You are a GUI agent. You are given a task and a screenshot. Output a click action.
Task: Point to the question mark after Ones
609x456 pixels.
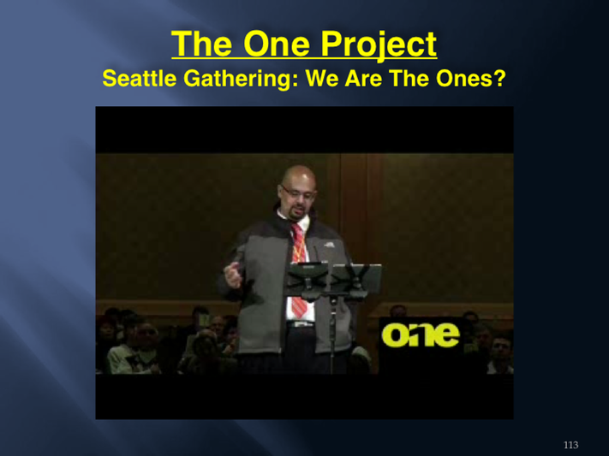(x=500, y=79)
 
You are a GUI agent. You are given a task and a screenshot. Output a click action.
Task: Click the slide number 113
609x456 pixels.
(x=570, y=445)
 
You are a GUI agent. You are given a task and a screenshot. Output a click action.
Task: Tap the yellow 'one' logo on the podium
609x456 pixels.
(x=421, y=335)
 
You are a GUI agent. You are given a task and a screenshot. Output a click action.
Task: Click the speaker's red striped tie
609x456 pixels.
(x=299, y=268)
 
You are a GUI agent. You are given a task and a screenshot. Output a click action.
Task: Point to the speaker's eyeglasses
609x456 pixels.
(x=297, y=192)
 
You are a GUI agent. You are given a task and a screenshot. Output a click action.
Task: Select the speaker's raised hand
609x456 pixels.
(x=234, y=275)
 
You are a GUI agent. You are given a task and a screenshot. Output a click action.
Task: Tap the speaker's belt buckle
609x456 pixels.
(x=299, y=324)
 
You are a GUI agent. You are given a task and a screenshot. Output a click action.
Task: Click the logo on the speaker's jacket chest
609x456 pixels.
(x=330, y=245)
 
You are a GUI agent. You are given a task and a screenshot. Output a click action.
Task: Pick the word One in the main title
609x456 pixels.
(x=277, y=44)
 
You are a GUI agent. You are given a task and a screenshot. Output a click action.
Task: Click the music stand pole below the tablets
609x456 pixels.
(x=333, y=334)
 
